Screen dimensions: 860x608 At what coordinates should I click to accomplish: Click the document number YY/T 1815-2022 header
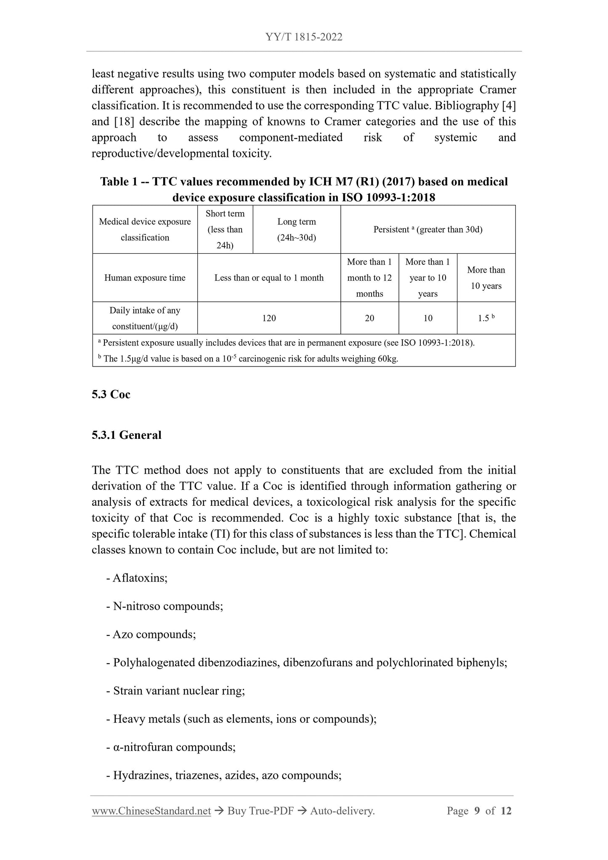[304, 37]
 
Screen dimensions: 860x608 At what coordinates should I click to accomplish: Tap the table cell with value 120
[269, 318]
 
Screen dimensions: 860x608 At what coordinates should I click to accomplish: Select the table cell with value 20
[369, 318]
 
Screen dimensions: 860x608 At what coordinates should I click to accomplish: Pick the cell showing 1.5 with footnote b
[486, 318]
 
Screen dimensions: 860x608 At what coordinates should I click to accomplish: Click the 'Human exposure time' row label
[145, 278]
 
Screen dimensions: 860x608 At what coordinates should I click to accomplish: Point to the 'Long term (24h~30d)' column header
[297, 230]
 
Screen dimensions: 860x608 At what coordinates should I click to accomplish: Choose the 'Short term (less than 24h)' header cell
[225, 230]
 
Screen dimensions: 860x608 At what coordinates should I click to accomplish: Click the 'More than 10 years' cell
[486, 278]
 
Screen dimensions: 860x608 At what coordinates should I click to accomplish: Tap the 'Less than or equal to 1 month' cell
[269, 278]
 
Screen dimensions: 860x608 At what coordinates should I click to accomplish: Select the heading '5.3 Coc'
[111, 394]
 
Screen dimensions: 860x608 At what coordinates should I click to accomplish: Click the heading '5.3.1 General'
[127, 435]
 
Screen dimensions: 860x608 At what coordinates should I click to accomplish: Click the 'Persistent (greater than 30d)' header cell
[428, 230]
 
